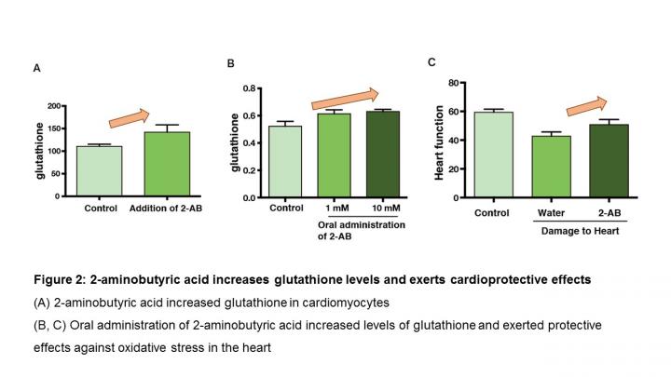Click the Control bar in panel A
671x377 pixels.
[99, 171]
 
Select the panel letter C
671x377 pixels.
[431, 62]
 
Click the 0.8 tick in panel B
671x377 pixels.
[249, 88]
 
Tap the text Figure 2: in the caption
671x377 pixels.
[59, 280]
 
